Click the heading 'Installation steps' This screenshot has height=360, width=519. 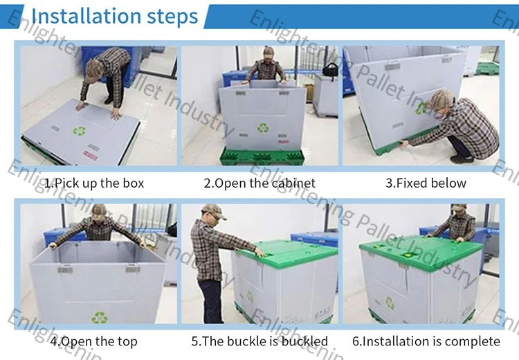pyautogui.click(x=114, y=16)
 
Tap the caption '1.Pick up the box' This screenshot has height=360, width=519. pyautogui.click(x=94, y=183)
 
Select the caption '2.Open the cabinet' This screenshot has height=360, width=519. pyautogui.click(x=259, y=183)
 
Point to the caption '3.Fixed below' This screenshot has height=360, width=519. pyautogui.click(x=426, y=183)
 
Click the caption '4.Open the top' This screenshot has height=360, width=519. pyautogui.click(x=93, y=341)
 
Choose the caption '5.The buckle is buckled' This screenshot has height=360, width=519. pyautogui.click(x=259, y=341)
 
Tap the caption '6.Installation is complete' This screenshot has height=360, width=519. pyautogui.click(x=426, y=341)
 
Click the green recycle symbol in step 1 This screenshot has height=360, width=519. pyautogui.click(x=80, y=131)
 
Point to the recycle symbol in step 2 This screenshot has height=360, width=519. pyautogui.click(x=263, y=127)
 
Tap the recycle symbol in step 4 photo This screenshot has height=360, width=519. pyautogui.click(x=99, y=318)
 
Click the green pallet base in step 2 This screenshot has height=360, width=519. pyautogui.click(x=262, y=156)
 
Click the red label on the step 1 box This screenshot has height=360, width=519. pyautogui.click(x=90, y=155)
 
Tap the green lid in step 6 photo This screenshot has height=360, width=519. pyautogui.click(x=421, y=253)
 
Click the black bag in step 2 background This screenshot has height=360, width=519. pyautogui.click(x=330, y=69)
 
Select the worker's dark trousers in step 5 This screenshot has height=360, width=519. pyautogui.click(x=212, y=301)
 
